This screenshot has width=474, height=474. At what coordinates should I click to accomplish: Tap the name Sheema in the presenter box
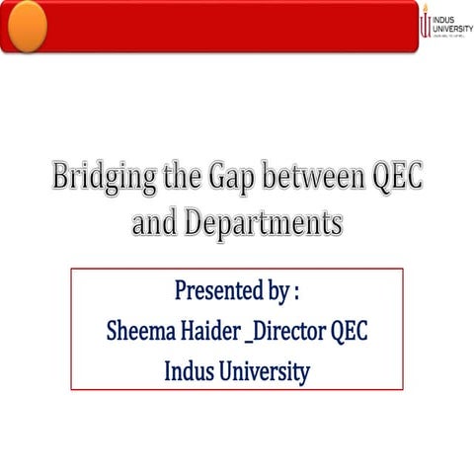145,332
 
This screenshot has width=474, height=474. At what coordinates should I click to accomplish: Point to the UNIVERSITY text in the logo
453,27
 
